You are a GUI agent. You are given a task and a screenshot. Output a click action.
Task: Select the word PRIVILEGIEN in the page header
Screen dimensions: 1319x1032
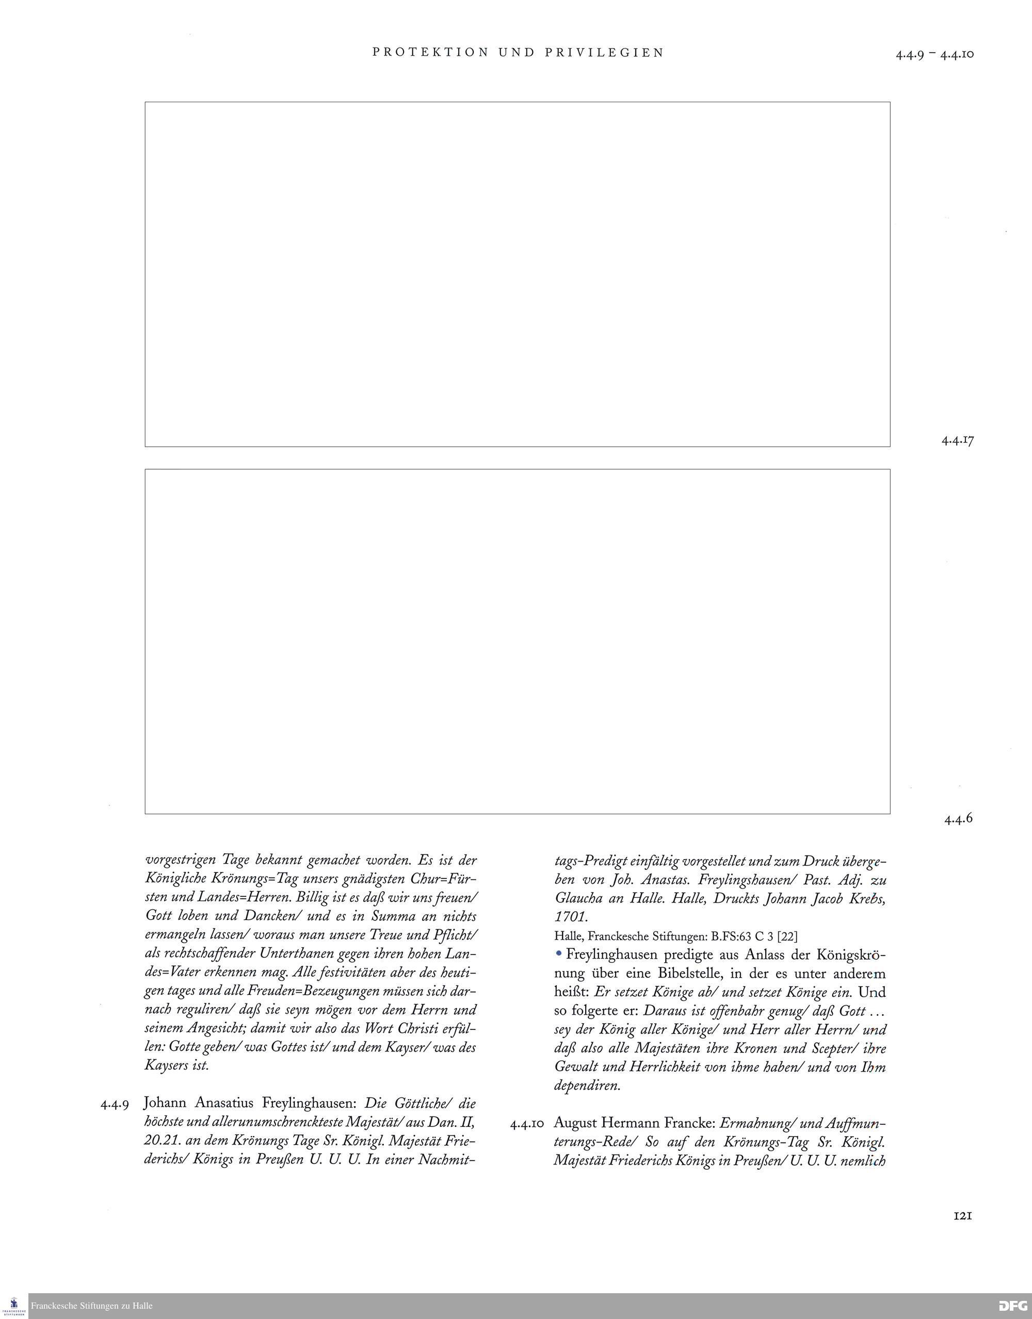(x=604, y=53)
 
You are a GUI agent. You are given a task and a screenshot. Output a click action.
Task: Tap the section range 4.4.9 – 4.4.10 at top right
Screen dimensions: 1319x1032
(x=934, y=54)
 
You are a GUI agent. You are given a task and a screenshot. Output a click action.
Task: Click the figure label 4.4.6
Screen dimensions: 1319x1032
(x=958, y=819)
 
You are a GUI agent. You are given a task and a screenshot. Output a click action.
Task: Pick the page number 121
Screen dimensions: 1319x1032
(x=962, y=1216)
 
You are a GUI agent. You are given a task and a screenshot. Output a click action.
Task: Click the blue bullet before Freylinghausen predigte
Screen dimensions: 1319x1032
(x=559, y=954)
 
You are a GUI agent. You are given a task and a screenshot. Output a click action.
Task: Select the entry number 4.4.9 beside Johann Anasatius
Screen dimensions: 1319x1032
(x=115, y=1104)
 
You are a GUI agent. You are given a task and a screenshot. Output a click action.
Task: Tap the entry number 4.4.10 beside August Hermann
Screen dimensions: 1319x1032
(x=527, y=1124)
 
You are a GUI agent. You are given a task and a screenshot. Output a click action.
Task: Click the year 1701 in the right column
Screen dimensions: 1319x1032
(x=570, y=917)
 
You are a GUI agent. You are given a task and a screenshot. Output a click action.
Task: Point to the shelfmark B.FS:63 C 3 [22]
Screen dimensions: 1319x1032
(x=754, y=936)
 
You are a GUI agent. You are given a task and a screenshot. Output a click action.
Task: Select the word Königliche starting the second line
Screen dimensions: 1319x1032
(x=176, y=878)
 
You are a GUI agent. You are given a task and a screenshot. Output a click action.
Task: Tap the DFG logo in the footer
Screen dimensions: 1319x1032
(x=1013, y=1306)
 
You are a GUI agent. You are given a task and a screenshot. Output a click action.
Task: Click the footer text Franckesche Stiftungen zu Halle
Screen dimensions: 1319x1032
(x=92, y=1306)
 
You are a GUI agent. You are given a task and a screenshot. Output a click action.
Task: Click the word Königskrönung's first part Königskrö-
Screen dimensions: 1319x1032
(x=851, y=955)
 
